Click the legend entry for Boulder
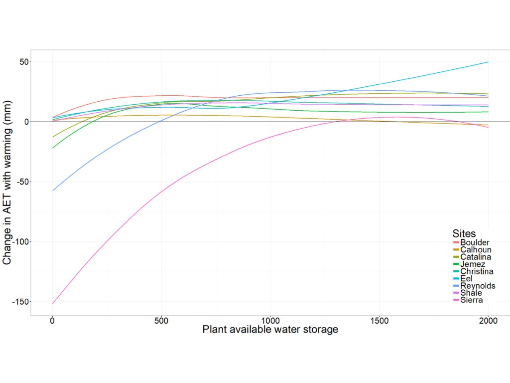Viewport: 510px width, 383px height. [x=475, y=242]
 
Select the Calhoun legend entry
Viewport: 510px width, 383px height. [x=476, y=250]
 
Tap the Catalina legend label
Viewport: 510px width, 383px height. [x=476, y=257]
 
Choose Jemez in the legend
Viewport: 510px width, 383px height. [x=473, y=264]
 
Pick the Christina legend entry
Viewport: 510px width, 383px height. [x=477, y=271]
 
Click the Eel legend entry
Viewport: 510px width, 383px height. [x=466, y=279]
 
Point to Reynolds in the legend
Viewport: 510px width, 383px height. [x=478, y=286]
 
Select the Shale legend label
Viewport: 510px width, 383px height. [x=471, y=293]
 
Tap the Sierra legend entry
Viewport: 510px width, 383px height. [x=471, y=300]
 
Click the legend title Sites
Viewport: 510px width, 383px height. [x=464, y=233]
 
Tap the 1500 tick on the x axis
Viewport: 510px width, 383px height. [x=379, y=321]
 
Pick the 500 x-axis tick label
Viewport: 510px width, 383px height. [x=161, y=321]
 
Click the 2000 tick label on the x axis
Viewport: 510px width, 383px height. [x=488, y=321]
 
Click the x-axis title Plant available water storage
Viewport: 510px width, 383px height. [x=270, y=330]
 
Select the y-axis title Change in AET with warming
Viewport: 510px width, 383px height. [x=7, y=182]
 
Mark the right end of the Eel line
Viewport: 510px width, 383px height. [x=488, y=62]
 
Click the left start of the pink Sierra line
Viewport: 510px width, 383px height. [x=52, y=303]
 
